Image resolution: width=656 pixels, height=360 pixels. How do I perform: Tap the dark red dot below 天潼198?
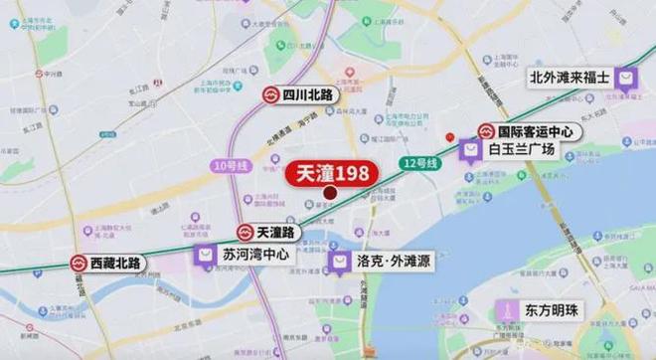(330, 194)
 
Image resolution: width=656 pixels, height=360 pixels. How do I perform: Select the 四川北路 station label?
(308, 95)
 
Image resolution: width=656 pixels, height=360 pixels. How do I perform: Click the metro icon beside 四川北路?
(270, 95)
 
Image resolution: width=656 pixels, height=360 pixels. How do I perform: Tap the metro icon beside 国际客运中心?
(487, 130)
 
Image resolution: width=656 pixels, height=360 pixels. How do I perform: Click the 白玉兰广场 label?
(521, 149)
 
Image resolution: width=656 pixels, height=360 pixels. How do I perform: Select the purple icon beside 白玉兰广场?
(471, 149)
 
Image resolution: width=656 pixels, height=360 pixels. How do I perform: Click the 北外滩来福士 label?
(570, 76)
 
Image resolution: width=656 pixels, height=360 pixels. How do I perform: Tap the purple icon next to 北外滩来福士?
(627, 77)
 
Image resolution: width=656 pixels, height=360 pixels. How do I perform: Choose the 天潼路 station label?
(275, 232)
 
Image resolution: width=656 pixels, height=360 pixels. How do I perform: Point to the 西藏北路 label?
(117, 264)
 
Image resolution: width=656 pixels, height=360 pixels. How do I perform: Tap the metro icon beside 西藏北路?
(80, 264)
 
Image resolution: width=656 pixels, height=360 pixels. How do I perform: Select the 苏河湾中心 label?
(255, 255)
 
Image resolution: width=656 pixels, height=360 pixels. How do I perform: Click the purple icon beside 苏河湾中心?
(205, 255)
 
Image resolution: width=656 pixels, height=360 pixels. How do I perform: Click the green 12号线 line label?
(421, 161)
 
